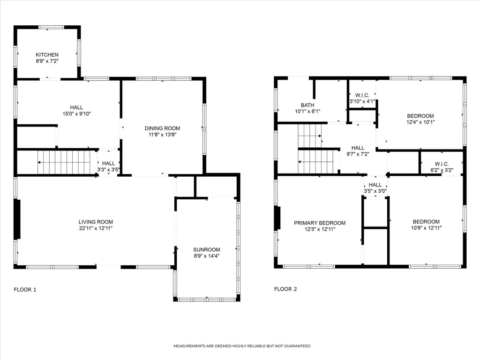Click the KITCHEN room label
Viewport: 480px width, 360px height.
47,55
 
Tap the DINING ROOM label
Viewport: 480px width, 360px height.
162,128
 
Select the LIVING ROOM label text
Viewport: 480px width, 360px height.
96,222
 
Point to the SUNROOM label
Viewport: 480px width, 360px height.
207,249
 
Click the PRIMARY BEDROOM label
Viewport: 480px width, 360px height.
320,223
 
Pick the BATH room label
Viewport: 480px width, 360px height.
307,105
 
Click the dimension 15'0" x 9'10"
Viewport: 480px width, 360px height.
76,114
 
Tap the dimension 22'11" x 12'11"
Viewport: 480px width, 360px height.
96,228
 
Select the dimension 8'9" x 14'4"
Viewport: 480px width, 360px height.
207,256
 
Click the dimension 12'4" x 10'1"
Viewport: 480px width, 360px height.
420,122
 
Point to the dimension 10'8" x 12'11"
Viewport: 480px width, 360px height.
426,228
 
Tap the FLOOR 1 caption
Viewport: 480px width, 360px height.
25,290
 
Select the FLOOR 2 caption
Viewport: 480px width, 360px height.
285,289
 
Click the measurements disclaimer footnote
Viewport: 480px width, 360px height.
242,346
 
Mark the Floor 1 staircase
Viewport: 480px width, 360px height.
64,162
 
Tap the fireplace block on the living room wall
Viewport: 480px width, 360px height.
17,219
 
